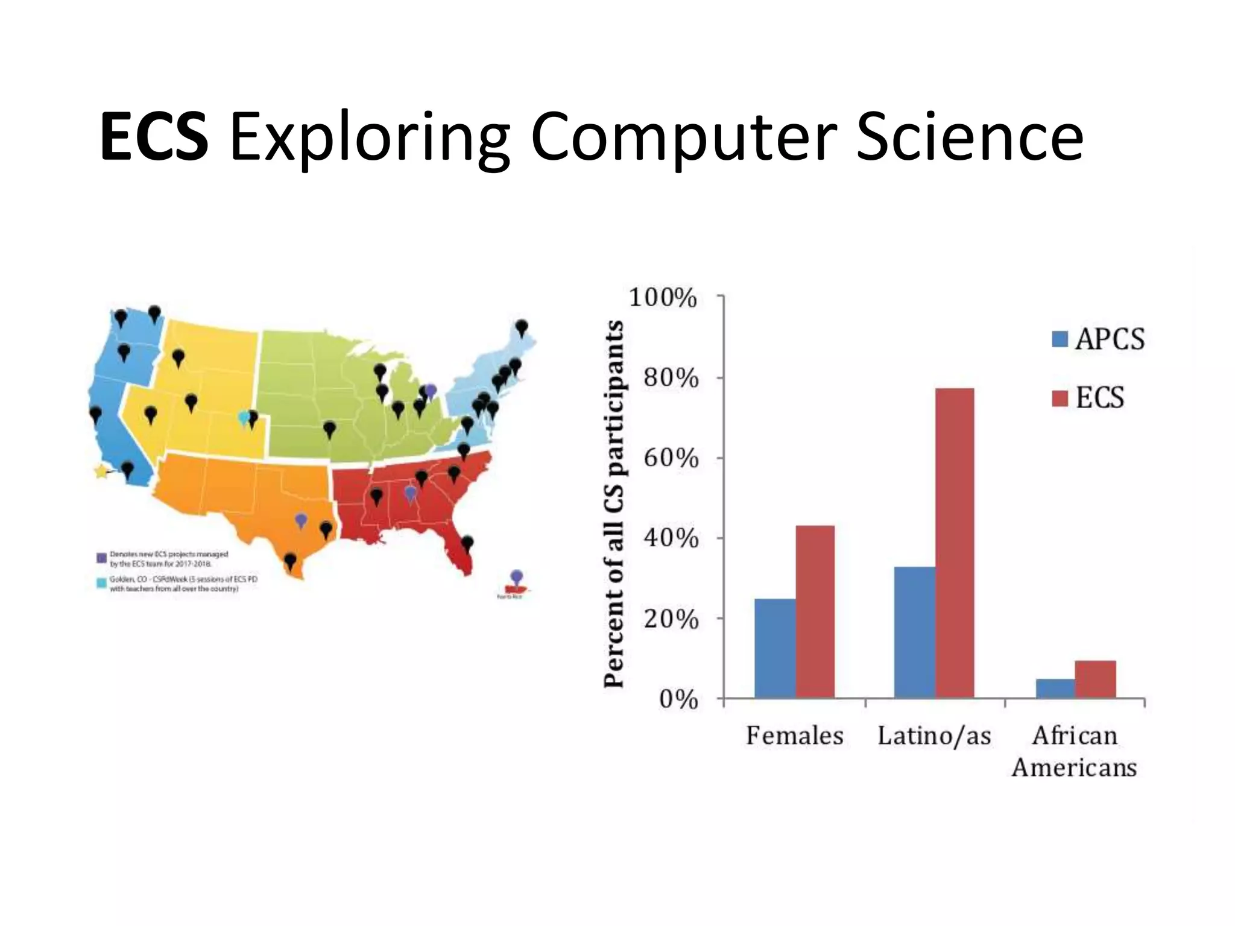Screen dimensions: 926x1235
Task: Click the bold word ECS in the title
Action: coord(154,137)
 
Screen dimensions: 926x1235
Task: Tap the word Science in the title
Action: coord(970,137)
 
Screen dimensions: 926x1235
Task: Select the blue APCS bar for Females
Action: coord(775,648)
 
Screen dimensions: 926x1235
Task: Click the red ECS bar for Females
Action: coord(815,611)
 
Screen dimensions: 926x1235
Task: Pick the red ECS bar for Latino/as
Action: coord(954,543)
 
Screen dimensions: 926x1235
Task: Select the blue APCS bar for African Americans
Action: coord(1055,688)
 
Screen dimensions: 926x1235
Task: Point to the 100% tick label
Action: coord(663,298)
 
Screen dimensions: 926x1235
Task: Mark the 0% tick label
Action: coord(678,699)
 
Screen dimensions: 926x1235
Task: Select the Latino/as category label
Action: coord(934,736)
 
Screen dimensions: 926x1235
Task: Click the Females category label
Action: coord(795,736)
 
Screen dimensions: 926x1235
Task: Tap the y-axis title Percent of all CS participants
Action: coord(614,503)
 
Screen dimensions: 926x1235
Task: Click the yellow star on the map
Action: coord(101,471)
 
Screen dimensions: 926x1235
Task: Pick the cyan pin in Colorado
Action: coord(244,417)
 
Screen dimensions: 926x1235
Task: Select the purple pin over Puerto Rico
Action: coord(516,577)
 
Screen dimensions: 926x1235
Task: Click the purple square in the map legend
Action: coord(102,558)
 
